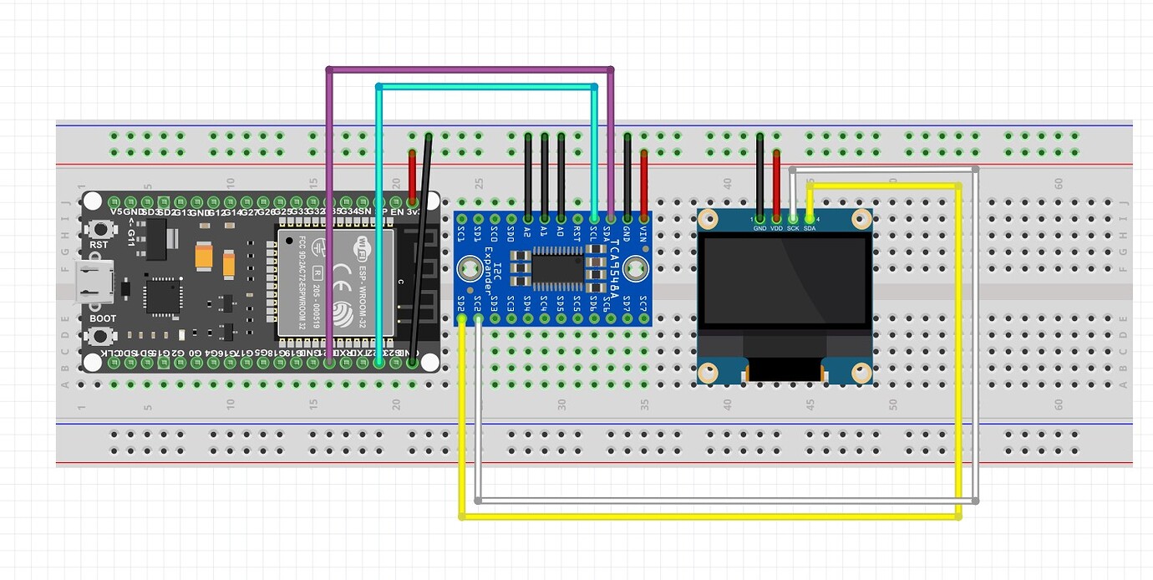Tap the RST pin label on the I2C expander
pos(577,231)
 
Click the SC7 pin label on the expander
pos(643,302)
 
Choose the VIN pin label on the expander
pos(643,231)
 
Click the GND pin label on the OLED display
pos(759,228)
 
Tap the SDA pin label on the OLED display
pos(810,228)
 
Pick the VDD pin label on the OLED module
pos(776,228)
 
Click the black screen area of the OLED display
pos(785,280)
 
